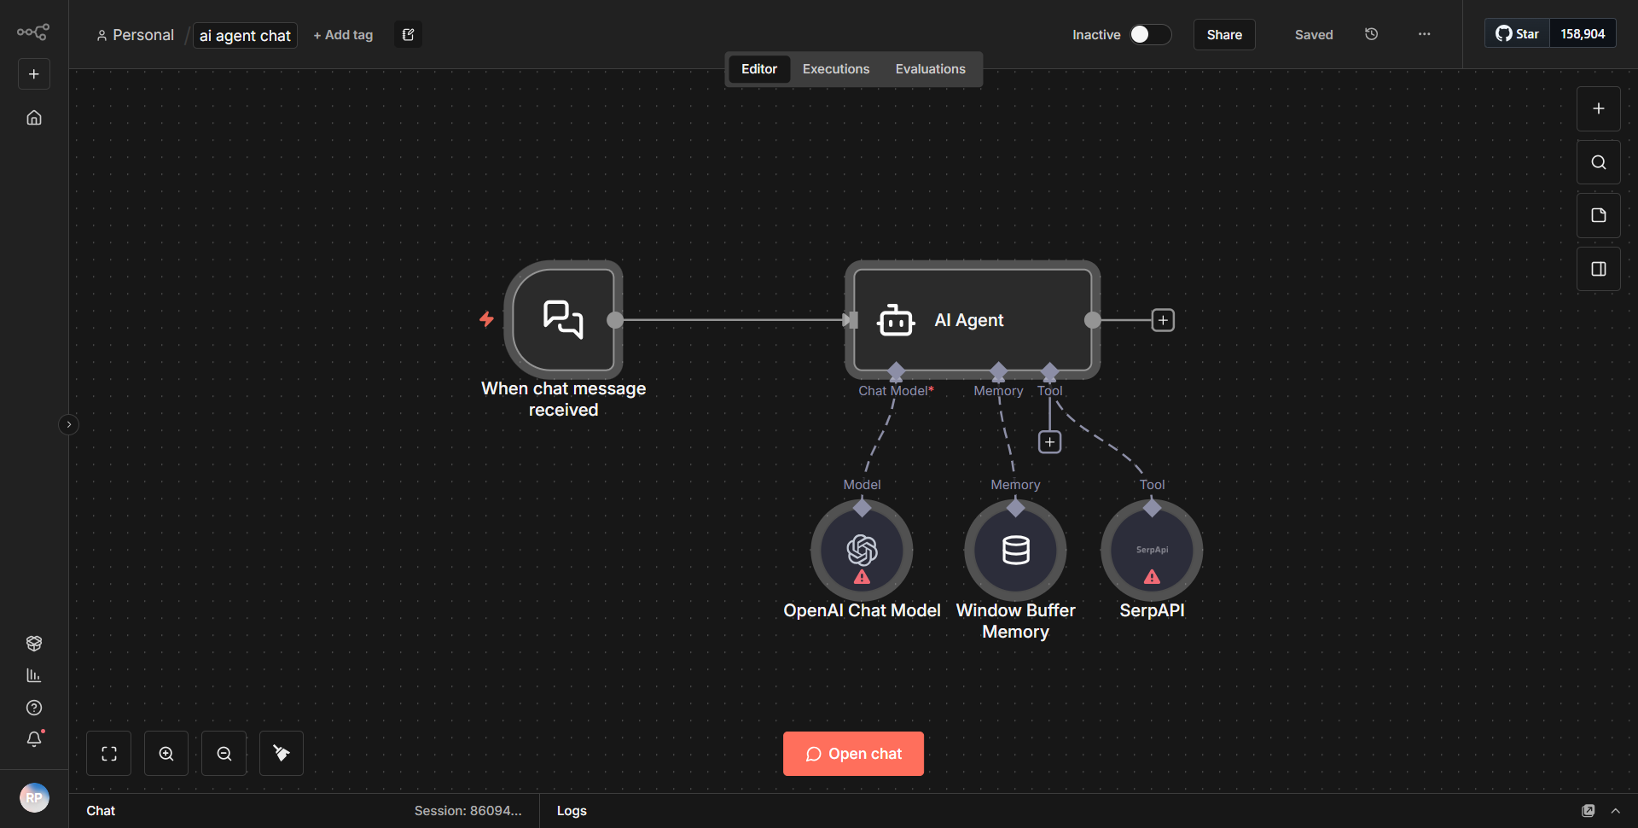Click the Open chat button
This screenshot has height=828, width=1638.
(853, 754)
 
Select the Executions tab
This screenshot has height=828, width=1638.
(835, 69)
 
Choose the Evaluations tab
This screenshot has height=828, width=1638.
(930, 69)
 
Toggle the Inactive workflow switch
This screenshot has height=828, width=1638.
(1149, 34)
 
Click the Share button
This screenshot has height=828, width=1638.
(1223, 35)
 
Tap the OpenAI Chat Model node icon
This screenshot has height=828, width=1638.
(862, 551)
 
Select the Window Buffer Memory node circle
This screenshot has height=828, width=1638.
(1015, 551)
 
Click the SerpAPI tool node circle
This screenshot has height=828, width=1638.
(1152, 551)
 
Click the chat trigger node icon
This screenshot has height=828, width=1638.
(563, 320)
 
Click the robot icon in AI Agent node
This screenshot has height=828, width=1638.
(896, 321)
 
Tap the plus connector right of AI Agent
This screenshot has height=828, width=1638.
(1163, 320)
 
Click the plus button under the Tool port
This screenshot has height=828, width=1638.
(1049, 442)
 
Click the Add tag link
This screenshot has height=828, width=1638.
(343, 35)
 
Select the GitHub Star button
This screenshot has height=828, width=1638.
(1517, 34)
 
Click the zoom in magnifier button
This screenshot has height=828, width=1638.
(166, 754)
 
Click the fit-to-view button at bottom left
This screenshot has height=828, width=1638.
(109, 754)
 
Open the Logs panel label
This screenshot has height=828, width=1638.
(572, 811)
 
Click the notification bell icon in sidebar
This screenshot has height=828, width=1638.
(34, 739)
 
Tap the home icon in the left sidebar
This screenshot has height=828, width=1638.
(34, 118)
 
